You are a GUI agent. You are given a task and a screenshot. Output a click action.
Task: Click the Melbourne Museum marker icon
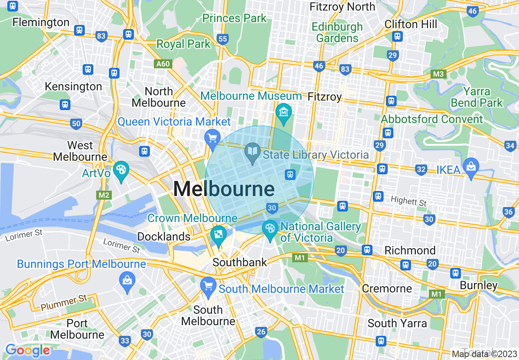[283, 111]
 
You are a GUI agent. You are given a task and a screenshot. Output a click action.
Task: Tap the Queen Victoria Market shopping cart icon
[212, 138]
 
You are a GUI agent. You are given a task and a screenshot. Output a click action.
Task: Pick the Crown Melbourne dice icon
[219, 234]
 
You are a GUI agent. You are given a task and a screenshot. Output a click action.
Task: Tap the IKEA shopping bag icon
[471, 166]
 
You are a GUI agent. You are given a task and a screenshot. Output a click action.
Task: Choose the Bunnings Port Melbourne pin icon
[127, 281]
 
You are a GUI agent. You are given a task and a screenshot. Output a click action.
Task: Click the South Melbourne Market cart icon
[209, 285]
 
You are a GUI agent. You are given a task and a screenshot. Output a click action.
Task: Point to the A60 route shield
[163, 64]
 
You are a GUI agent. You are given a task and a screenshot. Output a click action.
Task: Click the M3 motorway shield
[439, 74]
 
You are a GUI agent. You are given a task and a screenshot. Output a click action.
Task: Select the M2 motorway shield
[104, 195]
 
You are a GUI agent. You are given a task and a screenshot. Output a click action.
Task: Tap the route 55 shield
[223, 39]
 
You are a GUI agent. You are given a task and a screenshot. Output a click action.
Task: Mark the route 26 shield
[261, 332]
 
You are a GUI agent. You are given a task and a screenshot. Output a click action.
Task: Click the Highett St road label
[408, 201]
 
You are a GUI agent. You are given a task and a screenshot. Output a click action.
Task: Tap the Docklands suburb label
[164, 236]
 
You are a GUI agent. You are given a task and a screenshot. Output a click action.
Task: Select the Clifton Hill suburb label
[411, 24]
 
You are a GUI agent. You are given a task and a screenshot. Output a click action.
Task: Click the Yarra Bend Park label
[476, 97]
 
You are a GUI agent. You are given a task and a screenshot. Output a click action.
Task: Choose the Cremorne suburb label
[387, 288]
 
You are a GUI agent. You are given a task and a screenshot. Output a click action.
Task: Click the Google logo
[27, 350]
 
